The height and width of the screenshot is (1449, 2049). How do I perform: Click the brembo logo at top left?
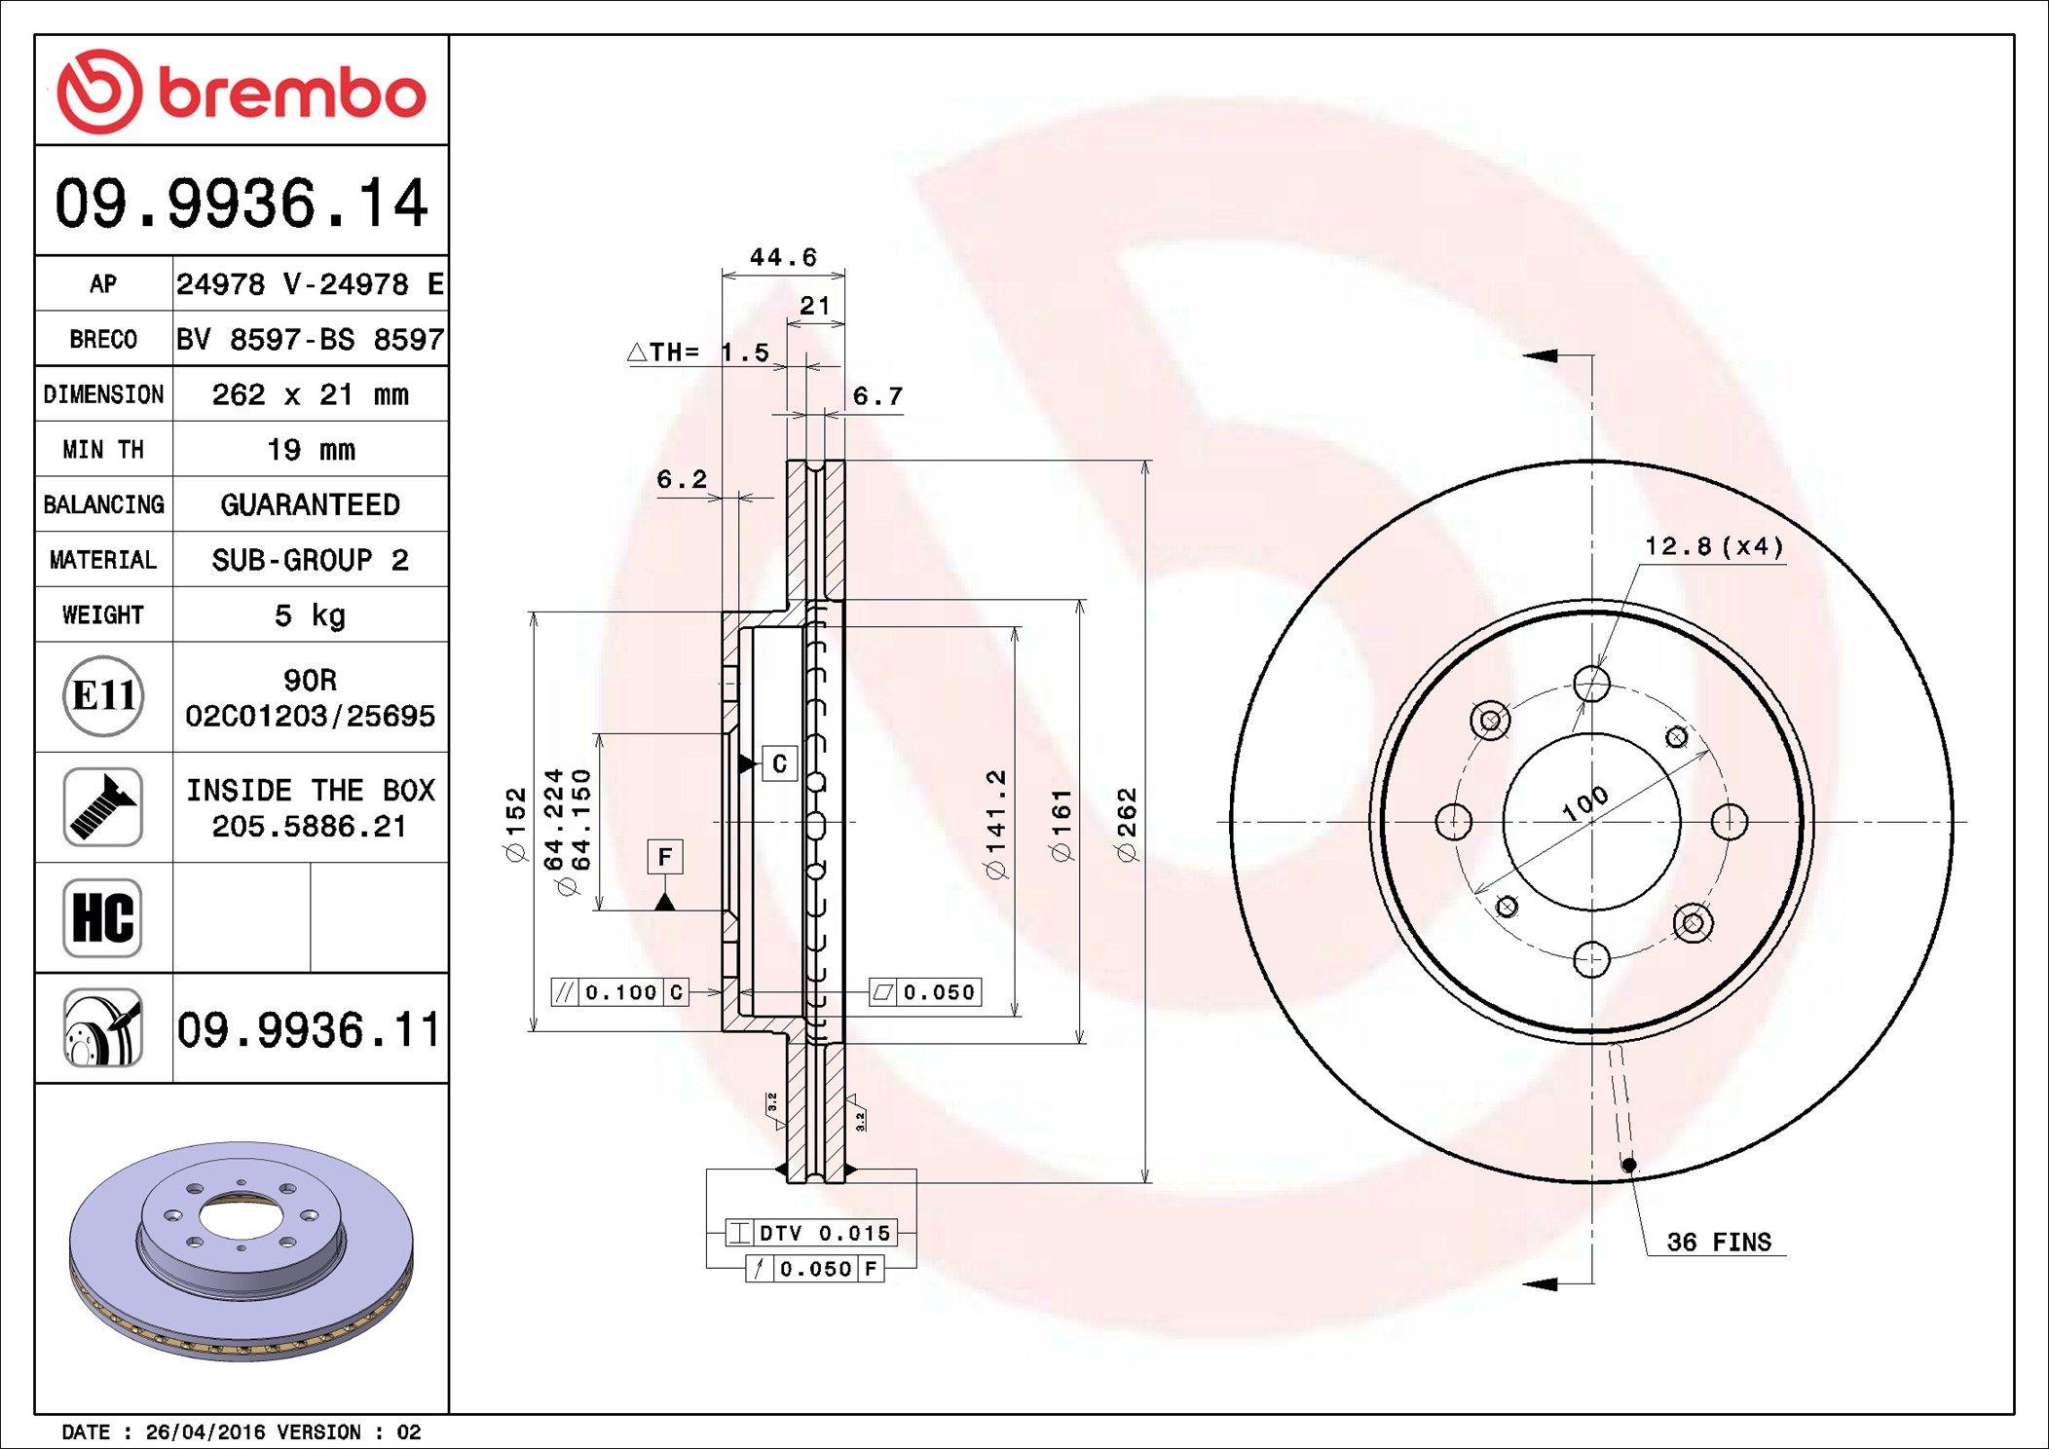click(242, 92)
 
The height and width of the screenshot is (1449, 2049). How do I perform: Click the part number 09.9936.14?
click(242, 204)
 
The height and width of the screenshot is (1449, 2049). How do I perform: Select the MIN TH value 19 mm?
click(311, 449)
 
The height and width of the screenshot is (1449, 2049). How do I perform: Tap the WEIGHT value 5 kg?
click(310, 614)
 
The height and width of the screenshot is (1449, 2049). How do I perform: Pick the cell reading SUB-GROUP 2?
click(310, 560)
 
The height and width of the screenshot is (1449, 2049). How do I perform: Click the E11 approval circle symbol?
click(103, 696)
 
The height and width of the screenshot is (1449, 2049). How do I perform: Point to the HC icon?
click(103, 917)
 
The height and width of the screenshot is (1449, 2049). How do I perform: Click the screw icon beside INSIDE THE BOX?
click(103, 807)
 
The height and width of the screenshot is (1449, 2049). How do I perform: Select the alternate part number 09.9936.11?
click(309, 1029)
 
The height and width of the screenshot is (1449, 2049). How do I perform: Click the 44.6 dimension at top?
click(783, 257)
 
